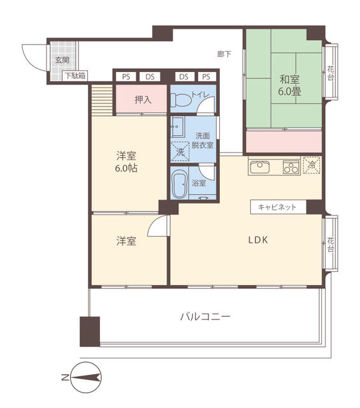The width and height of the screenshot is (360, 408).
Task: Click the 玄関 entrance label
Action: (62, 61)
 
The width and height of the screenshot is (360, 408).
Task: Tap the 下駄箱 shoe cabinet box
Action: (75, 76)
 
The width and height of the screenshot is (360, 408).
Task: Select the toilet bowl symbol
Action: (180, 99)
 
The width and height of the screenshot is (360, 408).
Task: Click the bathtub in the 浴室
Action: (180, 184)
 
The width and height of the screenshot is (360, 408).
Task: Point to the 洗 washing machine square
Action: (180, 152)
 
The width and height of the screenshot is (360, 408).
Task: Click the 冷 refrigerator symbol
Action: (312, 165)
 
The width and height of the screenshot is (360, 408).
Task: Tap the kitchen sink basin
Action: (259, 167)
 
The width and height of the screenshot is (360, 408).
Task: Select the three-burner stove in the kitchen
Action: (291, 167)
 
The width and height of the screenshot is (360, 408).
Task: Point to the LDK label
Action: (258, 240)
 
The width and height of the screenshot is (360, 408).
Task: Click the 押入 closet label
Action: (143, 99)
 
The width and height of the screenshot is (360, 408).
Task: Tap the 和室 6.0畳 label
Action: (289, 85)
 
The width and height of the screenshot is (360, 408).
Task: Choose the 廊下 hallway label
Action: (224, 54)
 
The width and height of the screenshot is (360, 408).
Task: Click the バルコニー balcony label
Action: (206, 317)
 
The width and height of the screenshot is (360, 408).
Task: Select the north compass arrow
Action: (85, 377)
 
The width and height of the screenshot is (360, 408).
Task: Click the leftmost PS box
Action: (126, 76)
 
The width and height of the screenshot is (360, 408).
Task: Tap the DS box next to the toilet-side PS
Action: (184, 76)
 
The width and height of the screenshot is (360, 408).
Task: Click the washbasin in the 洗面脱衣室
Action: (178, 127)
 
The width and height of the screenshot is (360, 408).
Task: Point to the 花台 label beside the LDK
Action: (330, 244)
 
